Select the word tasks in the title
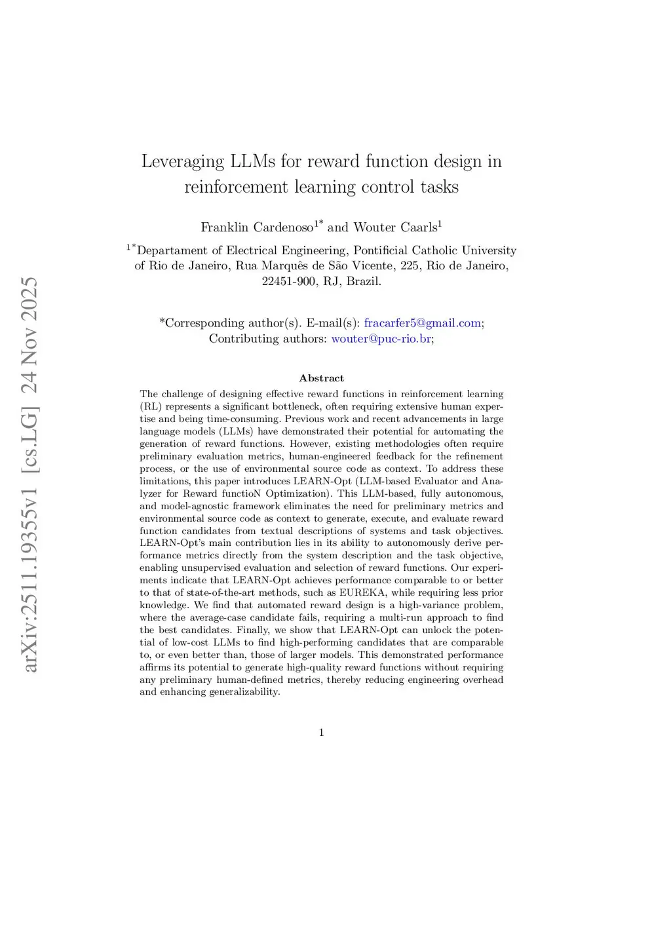(440, 187)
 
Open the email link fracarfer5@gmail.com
(422, 323)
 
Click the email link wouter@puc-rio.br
(381, 339)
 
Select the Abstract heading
(321, 378)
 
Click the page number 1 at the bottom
(321, 733)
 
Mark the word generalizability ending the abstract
(244, 692)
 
